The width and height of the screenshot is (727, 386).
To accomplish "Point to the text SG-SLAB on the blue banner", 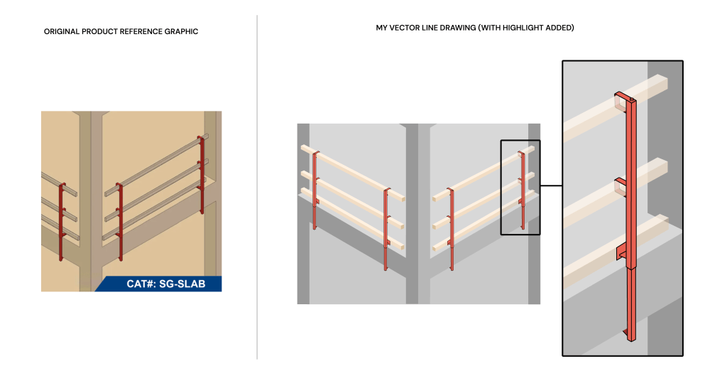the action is (x=182, y=284).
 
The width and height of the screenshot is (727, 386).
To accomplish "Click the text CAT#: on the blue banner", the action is (x=141, y=284).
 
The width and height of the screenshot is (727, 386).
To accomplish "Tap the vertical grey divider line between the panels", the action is (x=257, y=187).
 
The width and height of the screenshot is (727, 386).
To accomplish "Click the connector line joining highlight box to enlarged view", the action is (x=551, y=186).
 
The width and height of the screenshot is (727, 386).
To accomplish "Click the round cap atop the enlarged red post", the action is (x=631, y=100).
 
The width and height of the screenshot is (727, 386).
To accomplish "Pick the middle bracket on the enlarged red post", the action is (x=620, y=187).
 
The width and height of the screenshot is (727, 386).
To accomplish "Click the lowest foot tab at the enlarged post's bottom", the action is (x=625, y=333).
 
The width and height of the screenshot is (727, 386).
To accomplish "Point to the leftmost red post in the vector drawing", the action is (x=315, y=190).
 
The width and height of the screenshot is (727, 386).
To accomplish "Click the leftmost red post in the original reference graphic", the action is (x=62, y=222).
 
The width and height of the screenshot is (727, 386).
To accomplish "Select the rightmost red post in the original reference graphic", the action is (x=201, y=175).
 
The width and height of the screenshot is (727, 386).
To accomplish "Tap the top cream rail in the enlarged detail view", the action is (x=616, y=108).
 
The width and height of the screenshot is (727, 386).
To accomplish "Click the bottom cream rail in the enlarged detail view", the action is (x=616, y=251).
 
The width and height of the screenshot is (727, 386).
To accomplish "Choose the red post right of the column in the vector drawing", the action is (x=450, y=228).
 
